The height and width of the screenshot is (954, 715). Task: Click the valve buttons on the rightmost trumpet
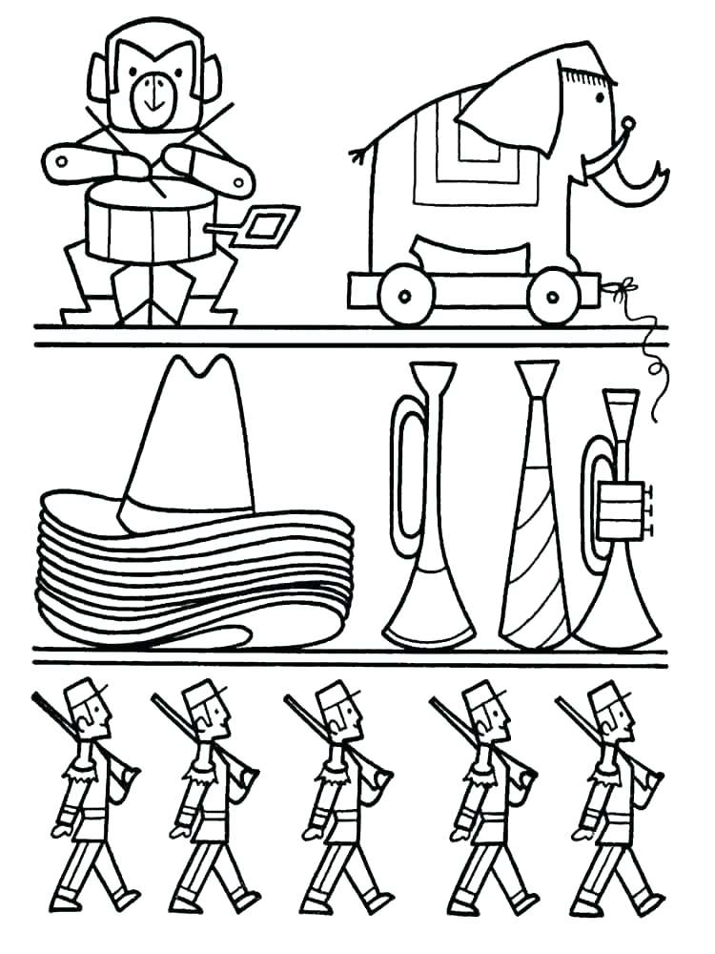click(650, 508)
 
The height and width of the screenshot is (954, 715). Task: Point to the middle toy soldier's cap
click(334, 689)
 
